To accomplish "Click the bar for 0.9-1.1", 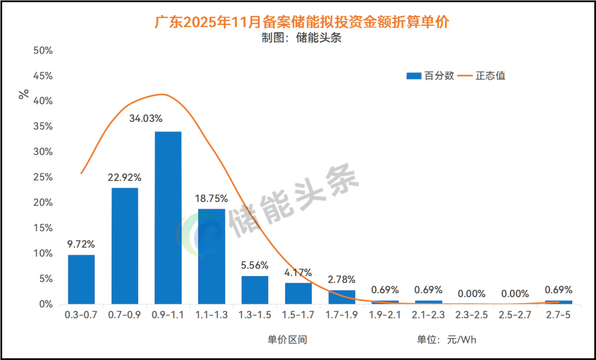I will (x=168, y=218).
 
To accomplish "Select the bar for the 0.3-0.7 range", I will (x=81, y=279).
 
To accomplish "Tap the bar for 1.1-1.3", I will (x=211, y=256).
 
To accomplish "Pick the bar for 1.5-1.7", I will (x=299, y=293).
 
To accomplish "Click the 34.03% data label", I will (x=168, y=119).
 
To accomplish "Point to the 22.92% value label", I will (x=124, y=177).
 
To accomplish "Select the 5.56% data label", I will (x=255, y=264).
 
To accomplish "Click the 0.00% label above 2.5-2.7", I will (x=515, y=294).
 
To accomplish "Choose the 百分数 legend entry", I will (x=430, y=76).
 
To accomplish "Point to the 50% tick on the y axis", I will (x=42, y=50).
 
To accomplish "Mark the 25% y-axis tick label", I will (x=42, y=177).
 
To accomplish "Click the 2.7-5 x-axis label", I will (x=558, y=316).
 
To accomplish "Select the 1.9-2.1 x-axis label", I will (x=385, y=316).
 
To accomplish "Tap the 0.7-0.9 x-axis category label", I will (x=124, y=316).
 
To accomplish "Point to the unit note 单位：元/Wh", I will (x=446, y=340).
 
